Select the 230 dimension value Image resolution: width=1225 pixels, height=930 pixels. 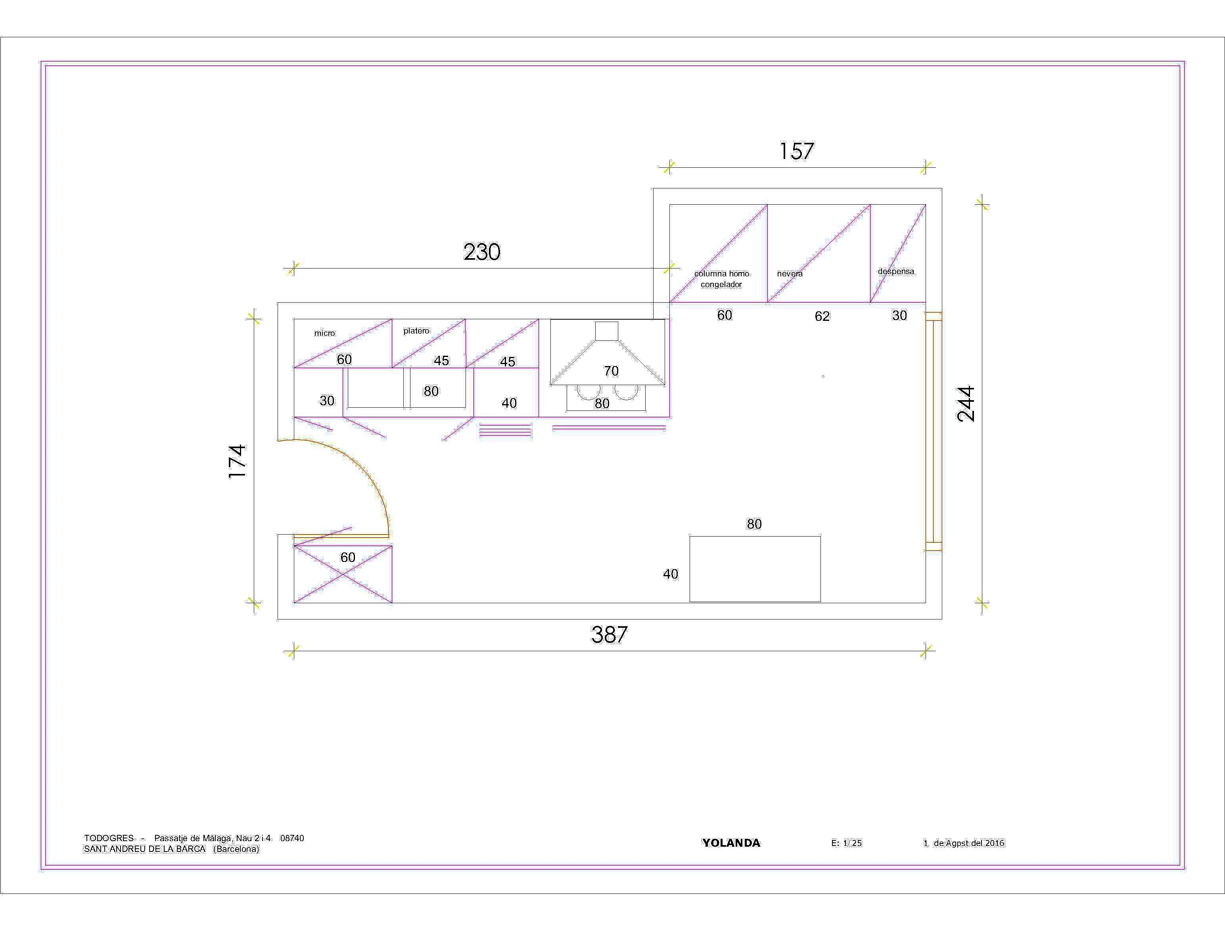pyautogui.click(x=482, y=252)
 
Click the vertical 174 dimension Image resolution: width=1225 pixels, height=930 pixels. pyautogui.click(x=237, y=461)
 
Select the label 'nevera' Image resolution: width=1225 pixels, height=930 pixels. pyautogui.click(x=790, y=274)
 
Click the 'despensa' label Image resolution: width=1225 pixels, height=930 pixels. pyautogui.click(x=896, y=271)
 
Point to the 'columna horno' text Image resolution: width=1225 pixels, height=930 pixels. pyautogui.click(x=722, y=274)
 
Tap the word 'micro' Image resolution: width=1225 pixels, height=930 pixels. pyautogui.click(x=324, y=333)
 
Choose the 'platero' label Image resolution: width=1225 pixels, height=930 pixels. pyautogui.click(x=416, y=331)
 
